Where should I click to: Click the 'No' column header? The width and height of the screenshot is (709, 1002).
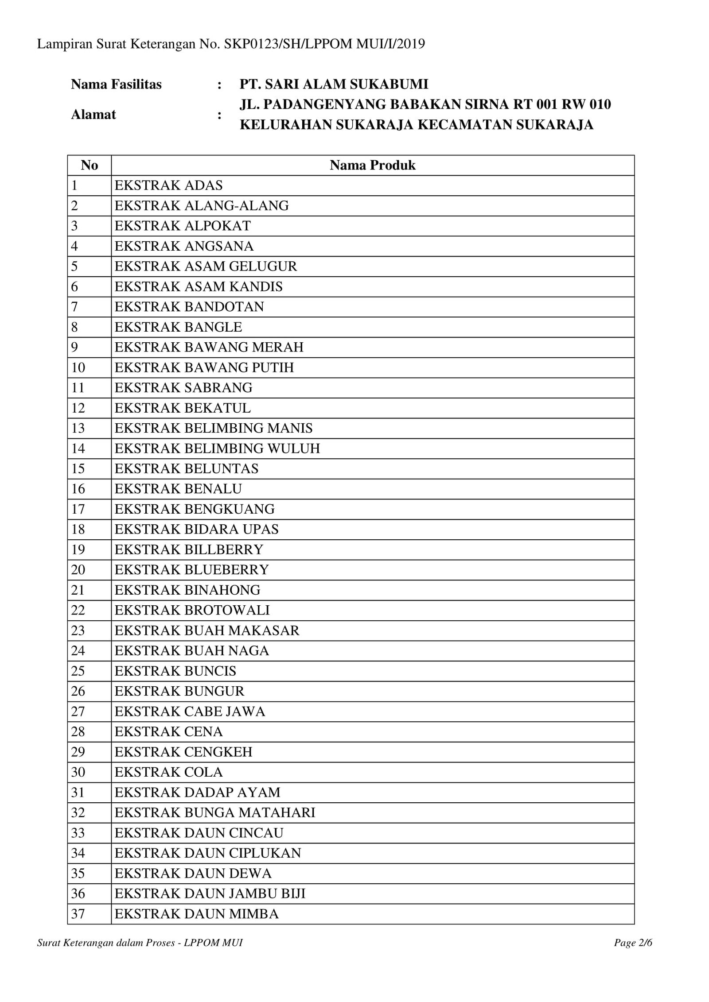89,165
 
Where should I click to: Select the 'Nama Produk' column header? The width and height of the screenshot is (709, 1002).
372,165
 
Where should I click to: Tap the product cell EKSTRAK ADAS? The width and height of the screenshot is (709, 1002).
168,186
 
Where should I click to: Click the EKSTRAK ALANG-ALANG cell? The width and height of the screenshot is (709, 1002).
202,206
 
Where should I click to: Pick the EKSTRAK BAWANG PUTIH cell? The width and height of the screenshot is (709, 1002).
204,368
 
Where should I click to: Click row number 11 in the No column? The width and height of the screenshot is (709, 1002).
78,388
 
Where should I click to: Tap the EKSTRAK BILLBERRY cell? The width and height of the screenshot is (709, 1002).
189,549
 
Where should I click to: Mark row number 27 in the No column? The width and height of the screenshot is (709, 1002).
78,712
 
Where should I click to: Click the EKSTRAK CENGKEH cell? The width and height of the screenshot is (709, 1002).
183,752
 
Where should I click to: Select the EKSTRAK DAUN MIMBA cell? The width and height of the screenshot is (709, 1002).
197,914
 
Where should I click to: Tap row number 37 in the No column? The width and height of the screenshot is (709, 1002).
78,914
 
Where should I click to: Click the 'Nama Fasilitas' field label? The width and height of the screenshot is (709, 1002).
116,84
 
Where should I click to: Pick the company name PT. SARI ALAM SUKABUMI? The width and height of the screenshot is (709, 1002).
334,84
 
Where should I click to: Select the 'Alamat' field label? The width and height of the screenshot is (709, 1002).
93,115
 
